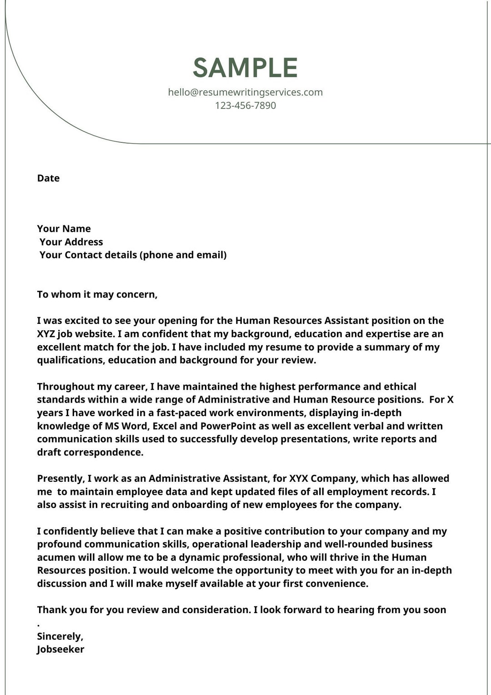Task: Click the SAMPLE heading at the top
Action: (x=245, y=68)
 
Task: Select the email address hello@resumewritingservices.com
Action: (x=245, y=92)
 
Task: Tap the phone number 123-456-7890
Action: (x=245, y=106)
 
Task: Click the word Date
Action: (x=48, y=178)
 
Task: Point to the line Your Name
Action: (x=64, y=229)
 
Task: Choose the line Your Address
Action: (x=71, y=242)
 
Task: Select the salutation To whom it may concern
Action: (x=97, y=294)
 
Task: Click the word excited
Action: (x=82, y=321)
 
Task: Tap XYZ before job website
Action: (x=46, y=334)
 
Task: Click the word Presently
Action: (x=60, y=478)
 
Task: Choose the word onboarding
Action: (x=200, y=505)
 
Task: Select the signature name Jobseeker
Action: (x=60, y=650)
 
